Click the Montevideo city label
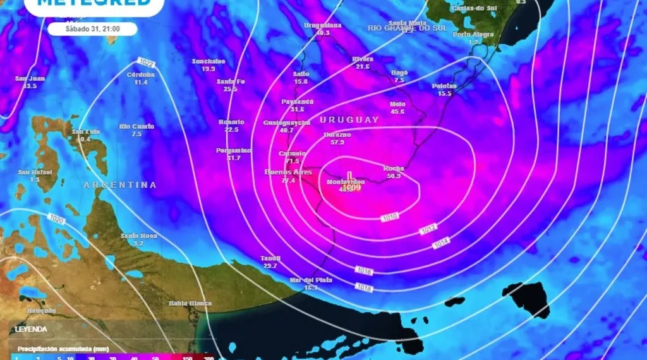346,182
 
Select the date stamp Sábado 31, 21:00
93,28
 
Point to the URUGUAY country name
349,119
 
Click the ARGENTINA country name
120,185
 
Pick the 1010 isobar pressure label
390,218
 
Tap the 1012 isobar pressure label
428,231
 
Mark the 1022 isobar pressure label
145,62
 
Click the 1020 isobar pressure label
56,219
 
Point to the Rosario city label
231,122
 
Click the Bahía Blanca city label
190,304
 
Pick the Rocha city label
393,169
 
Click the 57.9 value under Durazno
337,142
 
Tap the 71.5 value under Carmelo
293,161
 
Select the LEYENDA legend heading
31,329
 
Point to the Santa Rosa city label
139,236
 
